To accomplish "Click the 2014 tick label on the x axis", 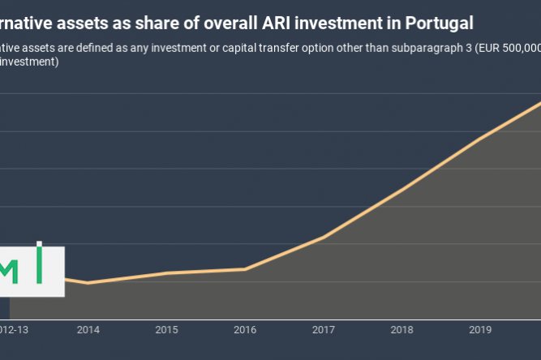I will (x=88, y=330).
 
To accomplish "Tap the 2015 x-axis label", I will (x=166, y=330).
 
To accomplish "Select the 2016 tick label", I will (x=245, y=330).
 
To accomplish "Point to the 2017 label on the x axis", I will (x=324, y=330).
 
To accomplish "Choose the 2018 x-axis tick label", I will (x=401, y=330).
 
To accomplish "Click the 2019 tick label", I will (x=480, y=330).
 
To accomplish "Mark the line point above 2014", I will (x=88, y=283).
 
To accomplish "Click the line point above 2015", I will (x=166, y=272).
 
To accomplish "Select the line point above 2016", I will (x=245, y=268).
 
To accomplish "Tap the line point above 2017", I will (x=324, y=237).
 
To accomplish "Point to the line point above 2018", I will (x=401, y=190).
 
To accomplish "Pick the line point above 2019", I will (x=480, y=139).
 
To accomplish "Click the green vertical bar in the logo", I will (x=39, y=263).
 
